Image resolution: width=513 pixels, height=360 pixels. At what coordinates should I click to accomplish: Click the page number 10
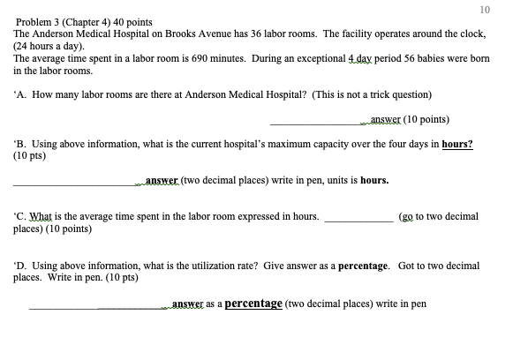[484, 10]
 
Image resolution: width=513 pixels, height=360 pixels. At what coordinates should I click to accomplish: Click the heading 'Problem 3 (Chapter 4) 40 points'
[84, 21]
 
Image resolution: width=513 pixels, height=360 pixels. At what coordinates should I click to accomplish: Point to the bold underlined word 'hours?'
[457, 143]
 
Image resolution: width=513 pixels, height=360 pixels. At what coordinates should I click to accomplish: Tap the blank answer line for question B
[74, 184]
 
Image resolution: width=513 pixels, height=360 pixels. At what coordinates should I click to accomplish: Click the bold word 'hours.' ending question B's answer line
[374, 181]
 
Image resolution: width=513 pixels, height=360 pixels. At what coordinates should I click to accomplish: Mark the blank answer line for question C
[359, 219]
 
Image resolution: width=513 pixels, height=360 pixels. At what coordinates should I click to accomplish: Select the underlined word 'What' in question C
[41, 216]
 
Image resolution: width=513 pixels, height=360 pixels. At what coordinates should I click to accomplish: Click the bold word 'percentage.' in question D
[364, 265]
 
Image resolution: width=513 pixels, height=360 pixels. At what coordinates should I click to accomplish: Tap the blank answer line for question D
[97, 308]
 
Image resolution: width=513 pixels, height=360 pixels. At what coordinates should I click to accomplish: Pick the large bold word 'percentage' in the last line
[253, 304]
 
